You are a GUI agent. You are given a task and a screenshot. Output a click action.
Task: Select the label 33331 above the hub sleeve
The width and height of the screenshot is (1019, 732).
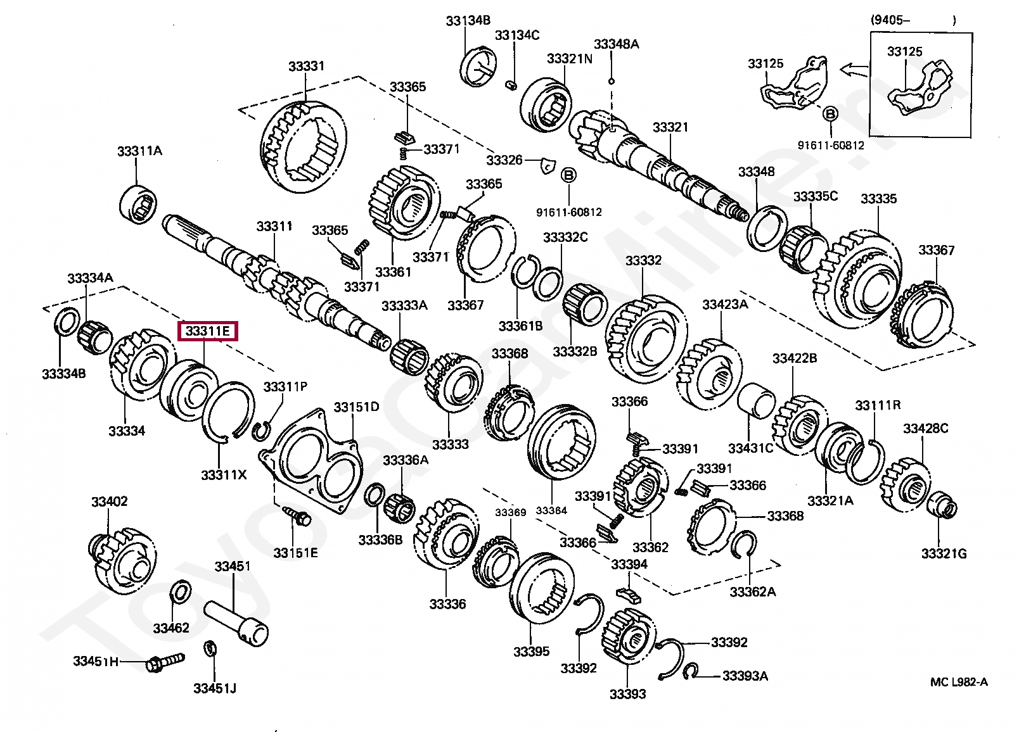point(306,66)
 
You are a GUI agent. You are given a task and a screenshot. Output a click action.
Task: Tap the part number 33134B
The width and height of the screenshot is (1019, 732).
point(468,21)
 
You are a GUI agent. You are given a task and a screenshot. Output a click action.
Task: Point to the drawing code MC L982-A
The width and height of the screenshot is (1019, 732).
point(959,682)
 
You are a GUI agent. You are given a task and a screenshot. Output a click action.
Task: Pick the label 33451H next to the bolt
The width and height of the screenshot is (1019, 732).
point(96,661)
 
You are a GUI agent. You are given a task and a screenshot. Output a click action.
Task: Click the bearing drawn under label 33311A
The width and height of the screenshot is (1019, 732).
point(139,204)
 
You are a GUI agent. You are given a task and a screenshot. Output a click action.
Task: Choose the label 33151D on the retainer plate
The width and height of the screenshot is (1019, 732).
point(357,407)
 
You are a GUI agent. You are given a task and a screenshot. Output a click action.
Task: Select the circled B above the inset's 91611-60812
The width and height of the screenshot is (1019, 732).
point(830,114)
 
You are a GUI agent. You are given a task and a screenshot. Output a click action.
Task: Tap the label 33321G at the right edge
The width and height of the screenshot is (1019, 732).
point(944,554)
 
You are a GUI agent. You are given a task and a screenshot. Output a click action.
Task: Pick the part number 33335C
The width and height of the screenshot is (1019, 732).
point(816,196)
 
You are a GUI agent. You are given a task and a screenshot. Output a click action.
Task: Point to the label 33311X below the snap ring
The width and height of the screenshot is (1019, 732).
point(224,475)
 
